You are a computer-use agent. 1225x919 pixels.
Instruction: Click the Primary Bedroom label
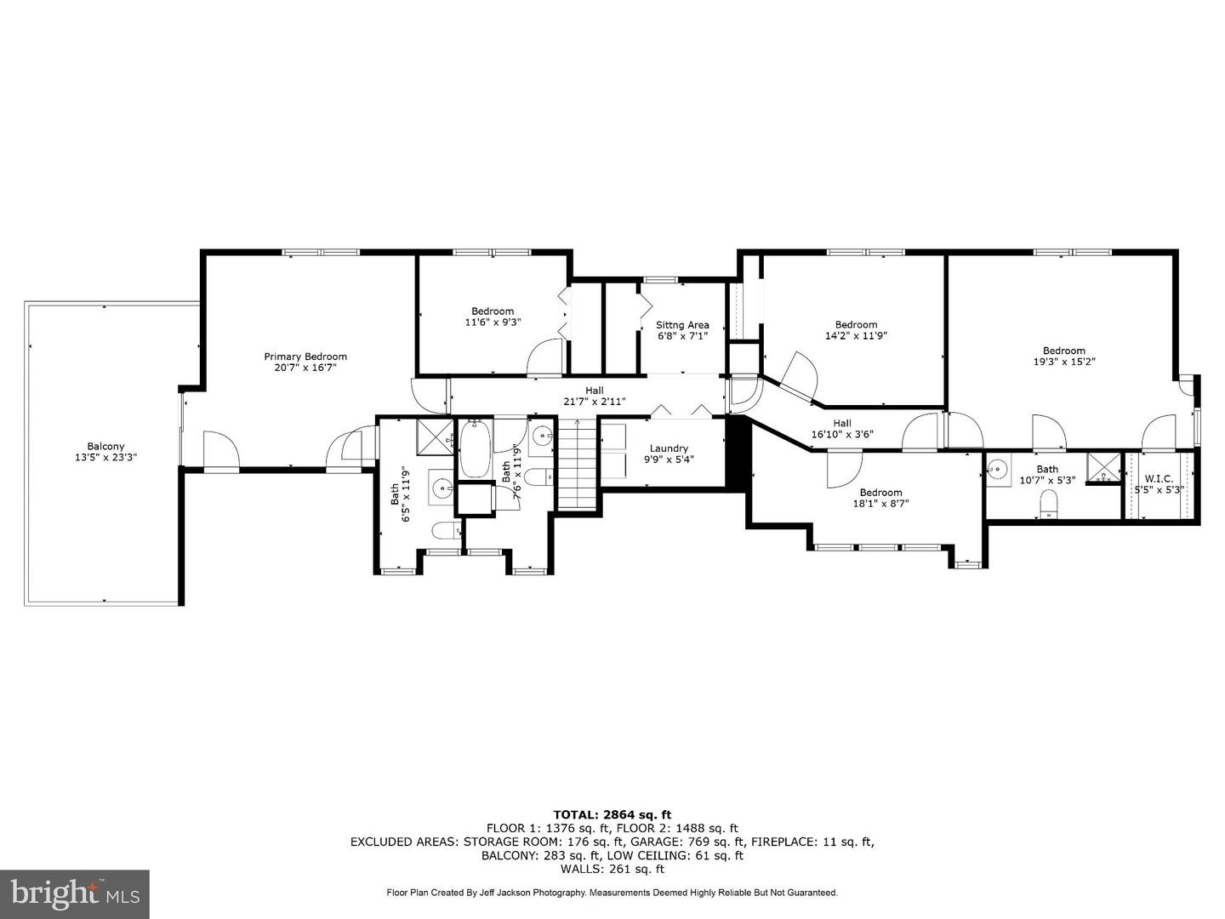pos(305,357)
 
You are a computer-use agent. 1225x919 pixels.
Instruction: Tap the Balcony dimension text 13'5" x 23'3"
pos(105,458)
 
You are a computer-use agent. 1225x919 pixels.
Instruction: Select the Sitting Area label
pos(682,325)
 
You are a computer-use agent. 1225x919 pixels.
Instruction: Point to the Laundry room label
pos(669,448)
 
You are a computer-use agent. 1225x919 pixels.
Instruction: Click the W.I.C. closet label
pos(1159,480)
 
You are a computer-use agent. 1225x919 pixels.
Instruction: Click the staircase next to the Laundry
pos(578,467)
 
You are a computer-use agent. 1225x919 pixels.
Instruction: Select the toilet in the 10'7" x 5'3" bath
pos(1048,508)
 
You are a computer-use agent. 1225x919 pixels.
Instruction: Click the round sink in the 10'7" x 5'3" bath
pos(999,470)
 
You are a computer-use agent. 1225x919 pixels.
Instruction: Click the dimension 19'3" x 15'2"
pos(1063,362)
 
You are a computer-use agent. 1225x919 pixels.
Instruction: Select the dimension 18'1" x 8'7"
pos(880,504)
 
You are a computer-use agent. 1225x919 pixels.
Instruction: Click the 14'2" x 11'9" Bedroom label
pos(856,324)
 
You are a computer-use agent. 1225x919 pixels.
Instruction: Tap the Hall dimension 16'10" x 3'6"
pos(841,435)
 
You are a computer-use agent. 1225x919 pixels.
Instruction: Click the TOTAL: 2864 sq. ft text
pos(612,814)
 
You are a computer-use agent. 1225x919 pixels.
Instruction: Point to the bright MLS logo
pos(75,893)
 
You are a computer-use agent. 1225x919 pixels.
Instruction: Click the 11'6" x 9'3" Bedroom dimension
pos(493,323)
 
